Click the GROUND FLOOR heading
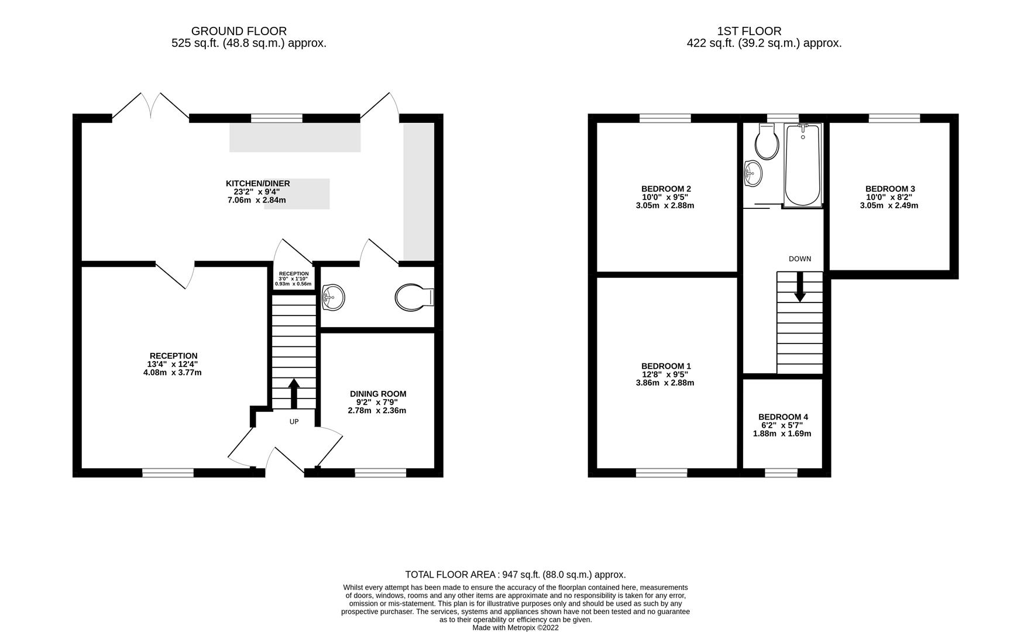tap(239, 31)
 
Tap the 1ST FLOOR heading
tap(749, 31)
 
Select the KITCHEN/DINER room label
tap(258, 183)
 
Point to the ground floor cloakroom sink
tap(334, 297)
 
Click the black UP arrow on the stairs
tap(294, 393)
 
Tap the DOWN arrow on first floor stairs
tap(799, 291)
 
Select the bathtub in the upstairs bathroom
tap(803, 165)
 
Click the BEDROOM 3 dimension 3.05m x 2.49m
tap(889, 205)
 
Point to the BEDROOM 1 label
tap(665, 366)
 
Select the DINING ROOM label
tap(377, 394)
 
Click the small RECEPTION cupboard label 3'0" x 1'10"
tap(294, 279)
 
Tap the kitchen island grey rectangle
tap(297, 194)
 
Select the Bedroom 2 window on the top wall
tap(665, 118)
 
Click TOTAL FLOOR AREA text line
tap(515, 575)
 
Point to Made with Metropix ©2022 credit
tap(515, 627)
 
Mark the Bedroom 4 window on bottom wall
tap(781, 472)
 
